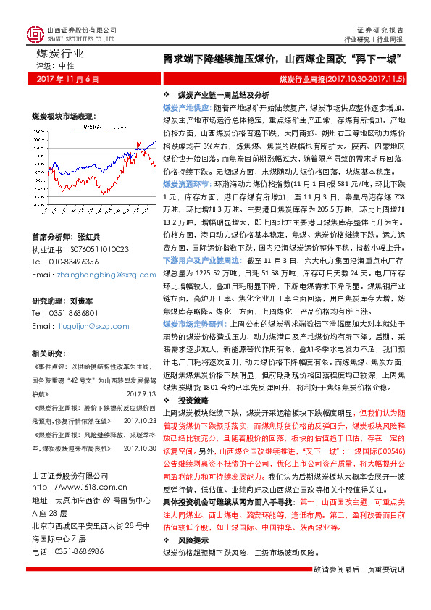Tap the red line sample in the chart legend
(79, 127)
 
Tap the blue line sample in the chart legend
(110, 127)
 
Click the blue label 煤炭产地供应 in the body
(183, 106)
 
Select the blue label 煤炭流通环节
(183, 185)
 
